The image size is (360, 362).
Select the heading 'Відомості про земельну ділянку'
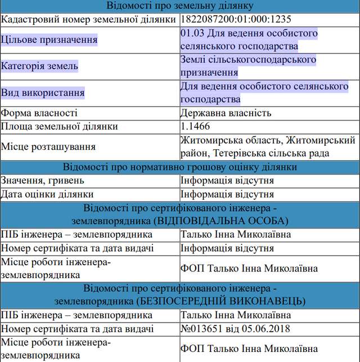tap(180, 6)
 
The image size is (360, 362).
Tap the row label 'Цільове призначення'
tap(49, 40)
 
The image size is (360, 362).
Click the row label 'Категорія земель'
tap(40, 66)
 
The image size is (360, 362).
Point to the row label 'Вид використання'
tap(43, 92)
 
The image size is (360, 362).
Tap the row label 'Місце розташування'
tap(48, 146)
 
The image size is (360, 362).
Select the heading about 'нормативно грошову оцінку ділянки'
tap(180, 167)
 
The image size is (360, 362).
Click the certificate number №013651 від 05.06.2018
tap(237, 329)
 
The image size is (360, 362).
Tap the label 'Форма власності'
tap(39, 113)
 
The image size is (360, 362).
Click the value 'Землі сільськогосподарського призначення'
tap(248, 66)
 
